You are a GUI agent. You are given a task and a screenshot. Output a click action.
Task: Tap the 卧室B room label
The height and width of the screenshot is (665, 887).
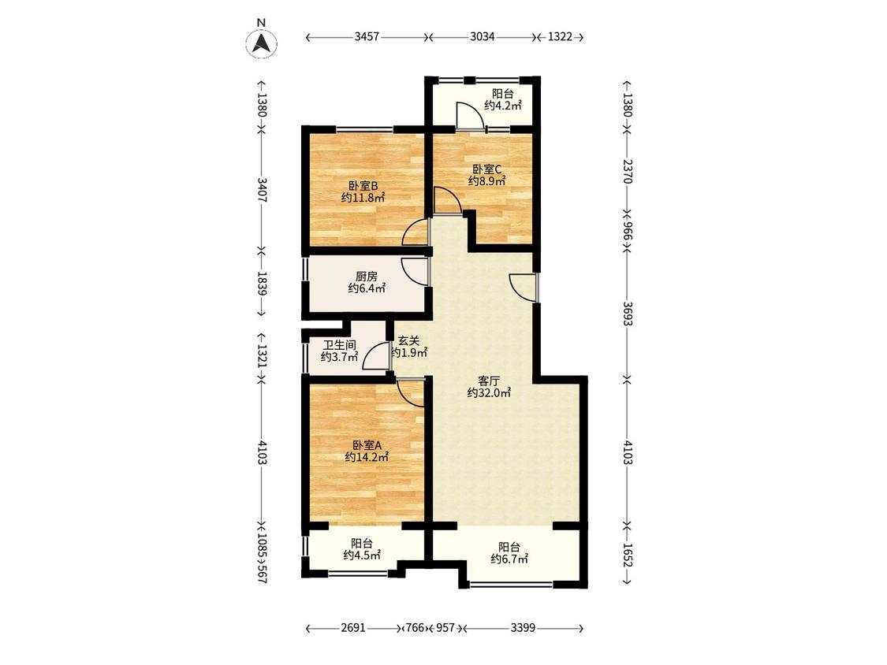pyautogui.click(x=363, y=185)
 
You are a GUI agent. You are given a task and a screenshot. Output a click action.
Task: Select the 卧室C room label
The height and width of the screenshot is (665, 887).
pyautogui.click(x=487, y=169)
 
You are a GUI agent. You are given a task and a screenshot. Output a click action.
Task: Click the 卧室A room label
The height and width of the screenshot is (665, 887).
pyautogui.click(x=367, y=445)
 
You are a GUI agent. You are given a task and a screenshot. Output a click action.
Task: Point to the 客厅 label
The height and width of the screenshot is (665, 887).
pyautogui.click(x=489, y=381)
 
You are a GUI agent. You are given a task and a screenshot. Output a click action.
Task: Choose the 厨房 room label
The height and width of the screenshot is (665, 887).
pyautogui.click(x=366, y=277)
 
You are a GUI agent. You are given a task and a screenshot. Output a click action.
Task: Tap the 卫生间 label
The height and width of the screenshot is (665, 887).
pyautogui.click(x=339, y=345)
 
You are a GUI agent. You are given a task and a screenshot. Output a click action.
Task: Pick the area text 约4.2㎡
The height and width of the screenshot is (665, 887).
pyautogui.click(x=502, y=105)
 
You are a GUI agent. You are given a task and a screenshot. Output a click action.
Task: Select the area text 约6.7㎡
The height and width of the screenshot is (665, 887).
pyautogui.click(x=509, y=559)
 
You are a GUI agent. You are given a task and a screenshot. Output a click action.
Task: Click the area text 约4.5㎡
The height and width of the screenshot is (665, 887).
pyautogui.click(x=362, y=555)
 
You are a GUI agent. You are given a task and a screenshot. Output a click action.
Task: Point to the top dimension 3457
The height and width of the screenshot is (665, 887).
pyautogui.click(x=367, y=37)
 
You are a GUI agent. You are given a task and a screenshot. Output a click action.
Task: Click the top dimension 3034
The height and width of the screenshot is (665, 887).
pyautogui.click(x=482, y=37)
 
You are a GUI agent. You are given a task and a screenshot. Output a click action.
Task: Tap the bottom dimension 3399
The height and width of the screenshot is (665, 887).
pyautogui.click(x=523, y=628)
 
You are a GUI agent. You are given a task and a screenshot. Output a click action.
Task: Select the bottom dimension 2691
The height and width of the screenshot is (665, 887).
pyautogui.click(x=353, y=628)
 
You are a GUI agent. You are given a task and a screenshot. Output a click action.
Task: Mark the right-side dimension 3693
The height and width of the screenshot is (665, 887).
pyautogui.click(x=627, y=314)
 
